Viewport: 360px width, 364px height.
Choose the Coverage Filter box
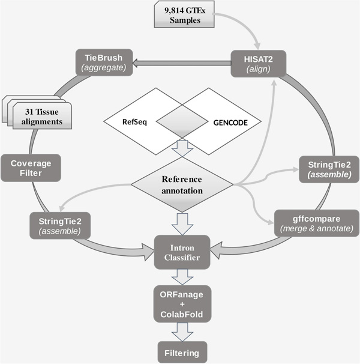point(31,168)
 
